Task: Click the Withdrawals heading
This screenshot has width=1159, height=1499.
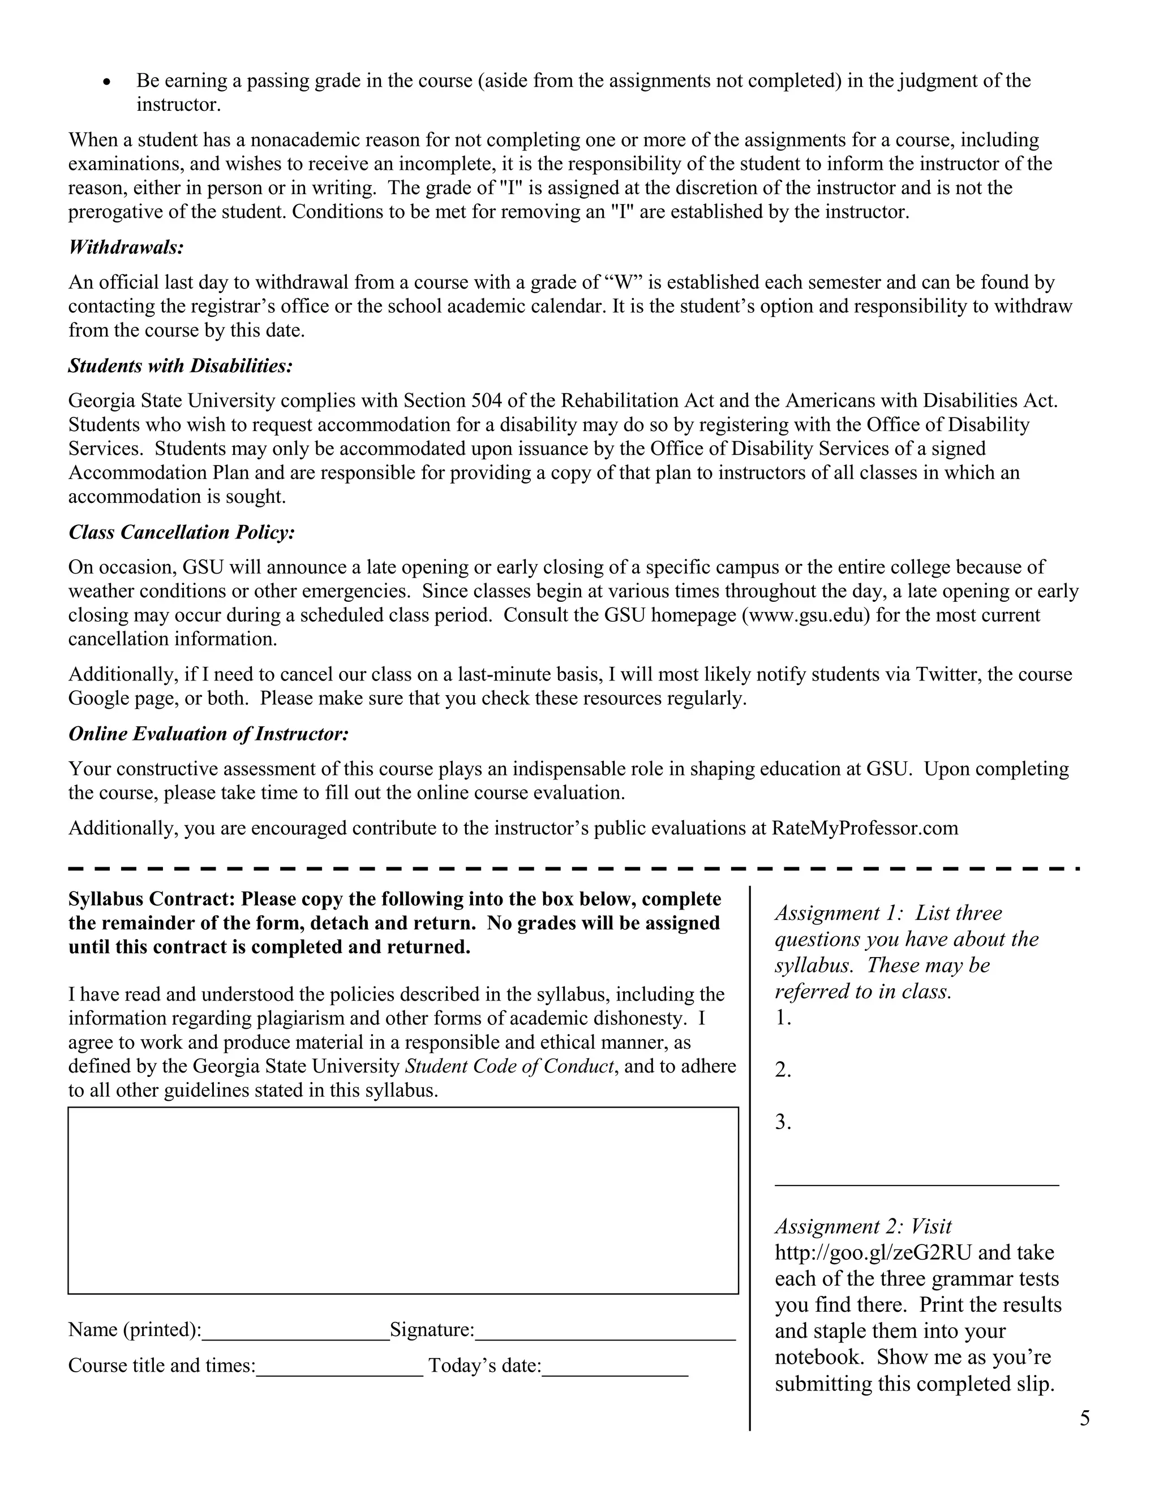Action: [126, 247]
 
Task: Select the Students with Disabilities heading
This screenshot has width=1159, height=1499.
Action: [181, 366]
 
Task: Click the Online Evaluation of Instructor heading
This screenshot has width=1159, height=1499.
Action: [209, 734]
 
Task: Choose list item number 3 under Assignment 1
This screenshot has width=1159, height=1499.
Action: [783, 1122]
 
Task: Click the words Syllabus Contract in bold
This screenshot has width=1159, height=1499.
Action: [152, 899]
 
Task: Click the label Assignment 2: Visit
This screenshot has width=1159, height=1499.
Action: [863, 1226]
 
